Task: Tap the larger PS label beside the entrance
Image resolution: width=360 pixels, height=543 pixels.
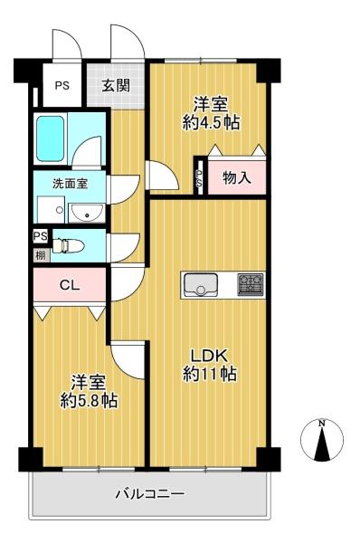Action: (x=62, y=87)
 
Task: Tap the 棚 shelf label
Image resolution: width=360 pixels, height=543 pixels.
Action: (x=40, y=255)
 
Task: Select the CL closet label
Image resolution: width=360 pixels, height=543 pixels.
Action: (x=69, y=285)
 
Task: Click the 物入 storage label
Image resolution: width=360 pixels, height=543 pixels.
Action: (x=236, y=177)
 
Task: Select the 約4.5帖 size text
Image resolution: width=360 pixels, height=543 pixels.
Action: (x=212, y=123)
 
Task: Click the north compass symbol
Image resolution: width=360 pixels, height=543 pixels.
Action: (x=321, y=440)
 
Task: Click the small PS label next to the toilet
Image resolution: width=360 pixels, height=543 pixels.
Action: (x=40, y=236)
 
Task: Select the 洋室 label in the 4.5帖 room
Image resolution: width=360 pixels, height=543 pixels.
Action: (x=212, y=103)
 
